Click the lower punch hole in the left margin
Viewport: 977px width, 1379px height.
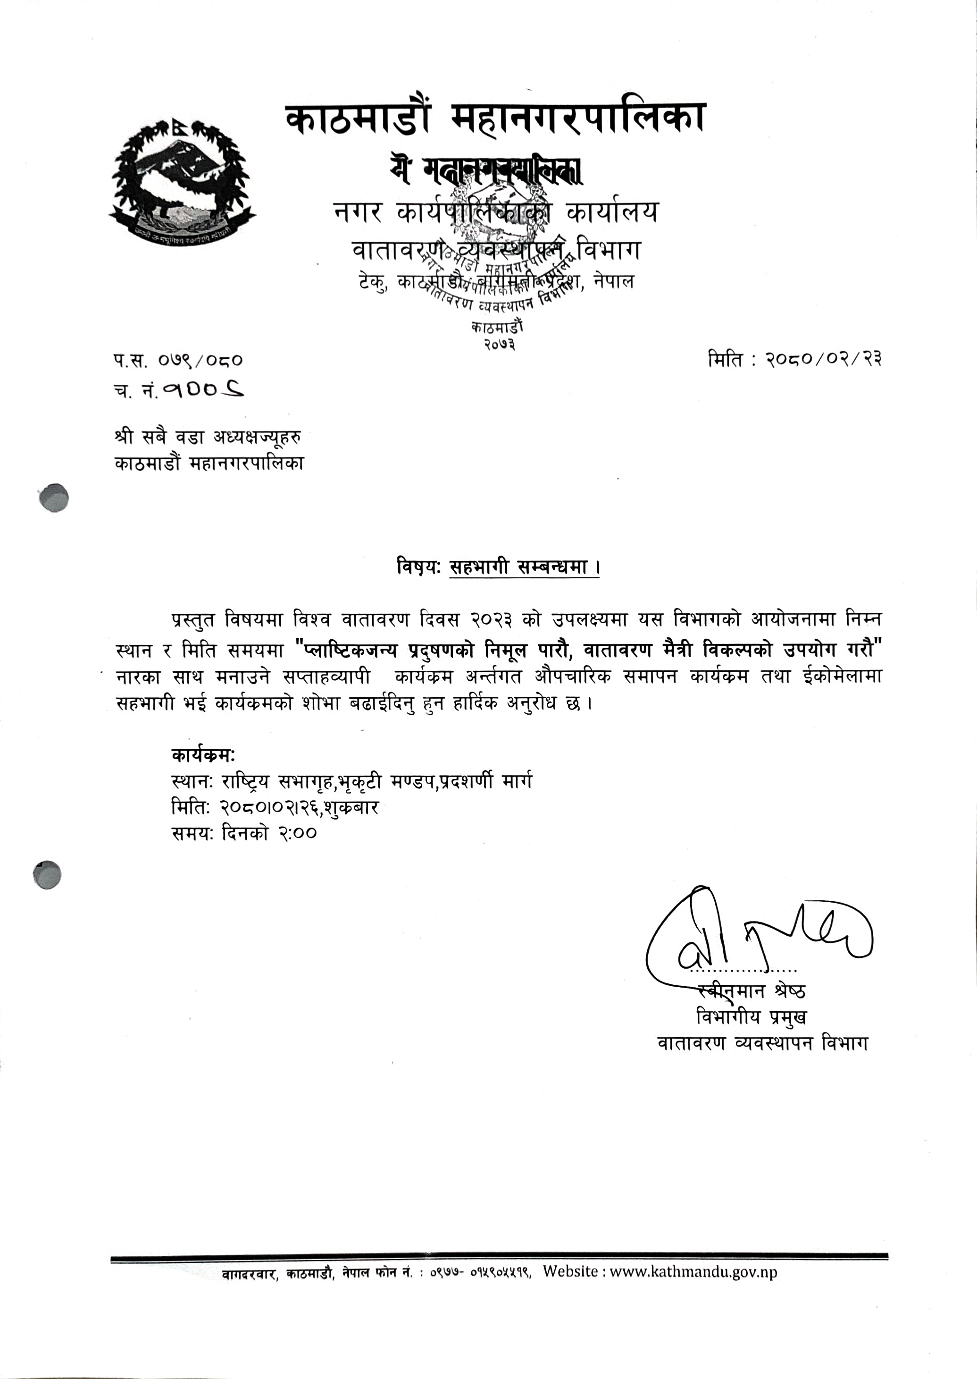[48, 875]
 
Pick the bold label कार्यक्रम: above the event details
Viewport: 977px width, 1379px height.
[203, 755]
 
